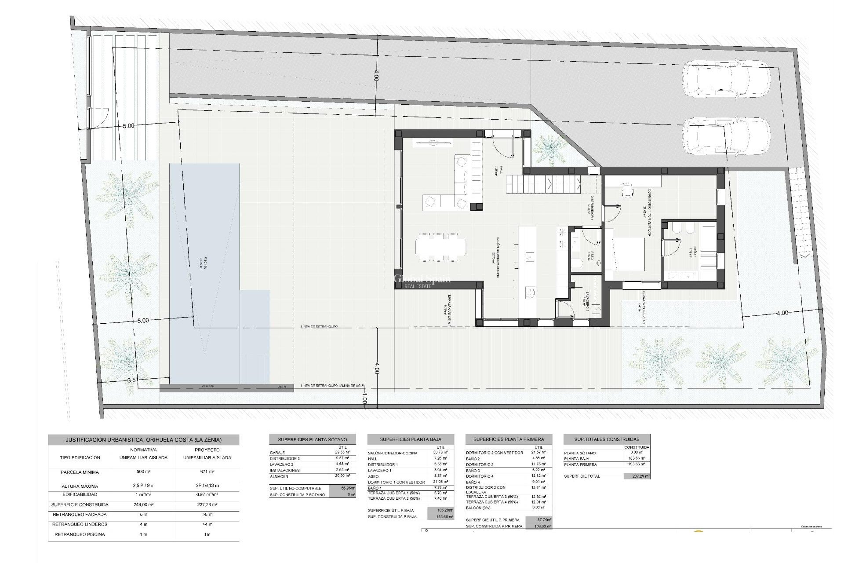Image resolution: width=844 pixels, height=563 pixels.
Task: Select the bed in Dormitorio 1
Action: pos(624,254)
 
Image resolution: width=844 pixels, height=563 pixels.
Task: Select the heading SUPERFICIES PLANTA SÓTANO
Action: pos(312,439)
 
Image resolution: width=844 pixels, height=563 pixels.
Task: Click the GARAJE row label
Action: pos(278,453)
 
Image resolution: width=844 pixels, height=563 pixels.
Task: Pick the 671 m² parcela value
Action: pos(207,472)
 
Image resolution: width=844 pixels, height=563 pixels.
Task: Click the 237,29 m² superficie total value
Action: pos(636,476)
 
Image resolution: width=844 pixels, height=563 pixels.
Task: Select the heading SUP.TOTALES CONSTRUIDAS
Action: pos(607,439)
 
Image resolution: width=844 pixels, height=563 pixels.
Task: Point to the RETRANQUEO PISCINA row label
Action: pos(80,534)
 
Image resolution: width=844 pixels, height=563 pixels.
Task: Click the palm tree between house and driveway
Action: pos(550,150)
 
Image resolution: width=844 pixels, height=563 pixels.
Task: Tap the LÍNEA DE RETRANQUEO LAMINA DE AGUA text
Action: pos(332,386)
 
